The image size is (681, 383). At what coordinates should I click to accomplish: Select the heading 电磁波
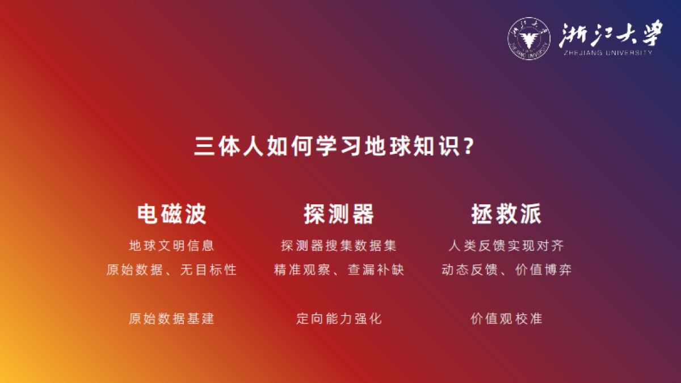(171, 214)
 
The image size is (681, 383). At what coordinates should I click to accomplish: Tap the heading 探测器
(339, 214)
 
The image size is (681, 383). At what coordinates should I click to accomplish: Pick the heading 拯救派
(506, 214)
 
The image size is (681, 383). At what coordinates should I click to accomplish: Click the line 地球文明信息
(171, 246)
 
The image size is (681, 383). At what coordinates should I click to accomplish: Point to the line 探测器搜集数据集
(339, 246)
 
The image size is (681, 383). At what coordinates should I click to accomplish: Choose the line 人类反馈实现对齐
(506, 246)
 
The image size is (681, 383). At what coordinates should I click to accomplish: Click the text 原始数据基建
(171, 318)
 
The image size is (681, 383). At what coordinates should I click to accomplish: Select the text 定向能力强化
(339, 318)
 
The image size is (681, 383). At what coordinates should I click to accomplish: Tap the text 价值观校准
(506, 318)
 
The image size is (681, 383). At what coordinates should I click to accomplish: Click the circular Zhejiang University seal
(528, 39)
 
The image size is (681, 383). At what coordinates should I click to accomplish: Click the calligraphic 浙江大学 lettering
(610, 35)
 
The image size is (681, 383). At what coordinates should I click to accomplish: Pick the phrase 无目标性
(208, 270)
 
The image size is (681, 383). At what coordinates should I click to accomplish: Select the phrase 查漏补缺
(376, 270)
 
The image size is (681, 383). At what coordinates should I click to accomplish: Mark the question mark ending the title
(468, 148)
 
